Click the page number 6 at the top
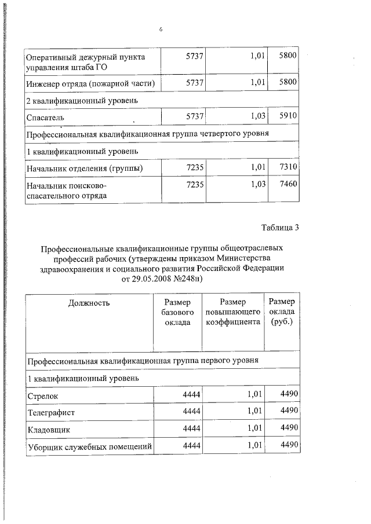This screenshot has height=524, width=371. pos(159,30)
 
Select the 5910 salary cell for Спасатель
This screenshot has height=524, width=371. pos(288,116)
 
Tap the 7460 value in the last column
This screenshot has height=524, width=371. pos(288,185)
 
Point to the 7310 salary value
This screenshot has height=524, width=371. pos(288,167)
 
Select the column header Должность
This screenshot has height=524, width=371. pos(89,302)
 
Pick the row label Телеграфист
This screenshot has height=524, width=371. pos(51,413)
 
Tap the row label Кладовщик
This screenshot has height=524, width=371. pos(49,430)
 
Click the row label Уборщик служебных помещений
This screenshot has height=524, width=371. pos(89,446)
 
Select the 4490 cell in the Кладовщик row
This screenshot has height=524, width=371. pos(288,428)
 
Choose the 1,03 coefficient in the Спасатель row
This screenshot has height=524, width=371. pos(256,116)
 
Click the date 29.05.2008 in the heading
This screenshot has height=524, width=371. pos(155,279)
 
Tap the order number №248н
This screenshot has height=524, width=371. pos(191,279)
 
